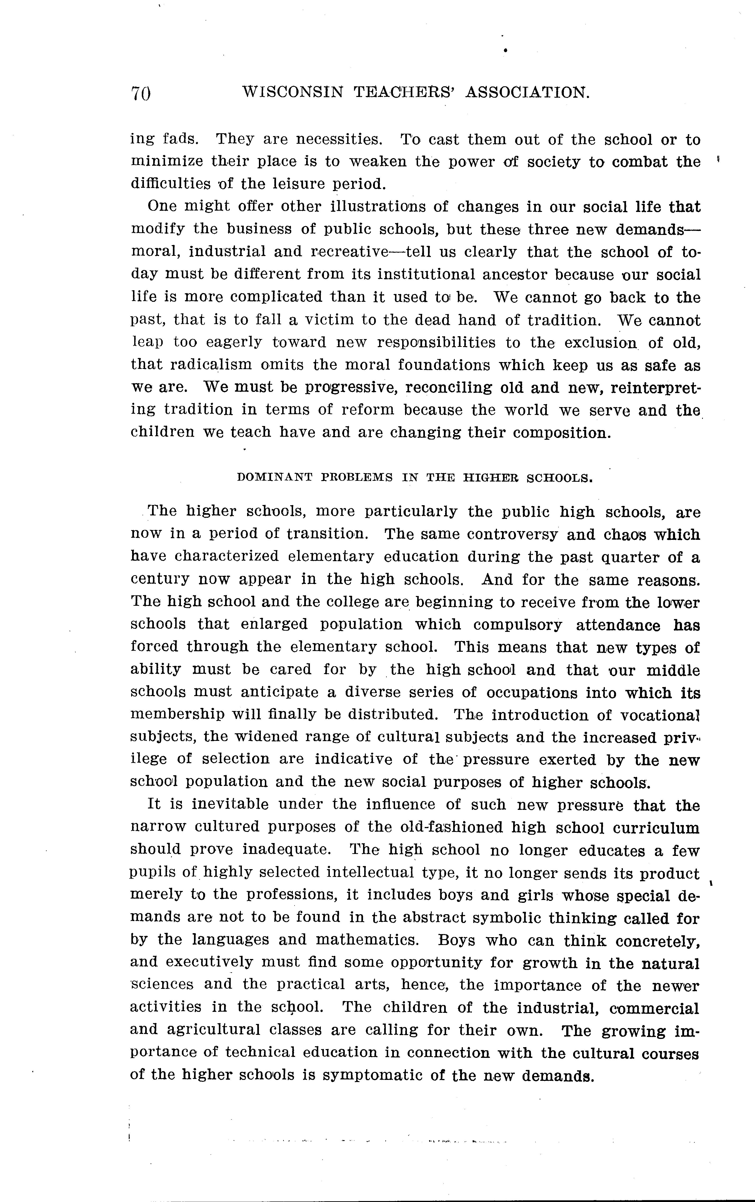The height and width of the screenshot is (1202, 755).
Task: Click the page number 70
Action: pos(141,93)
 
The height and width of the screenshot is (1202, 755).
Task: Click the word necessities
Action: pos(338,139)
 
